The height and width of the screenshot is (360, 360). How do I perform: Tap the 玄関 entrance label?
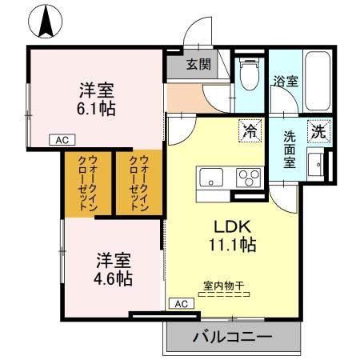(x=199, y=64)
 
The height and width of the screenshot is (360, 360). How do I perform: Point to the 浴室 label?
(x=286, y=81)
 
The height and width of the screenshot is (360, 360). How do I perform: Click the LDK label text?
(x=232, y=225)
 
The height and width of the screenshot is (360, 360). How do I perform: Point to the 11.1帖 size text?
(x=232, y=244)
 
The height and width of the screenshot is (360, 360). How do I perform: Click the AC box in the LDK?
(x=181, y=303)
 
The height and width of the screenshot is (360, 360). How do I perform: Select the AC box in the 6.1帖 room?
(x=61, y=140)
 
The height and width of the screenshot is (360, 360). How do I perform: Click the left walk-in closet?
(x=87, y=182)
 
